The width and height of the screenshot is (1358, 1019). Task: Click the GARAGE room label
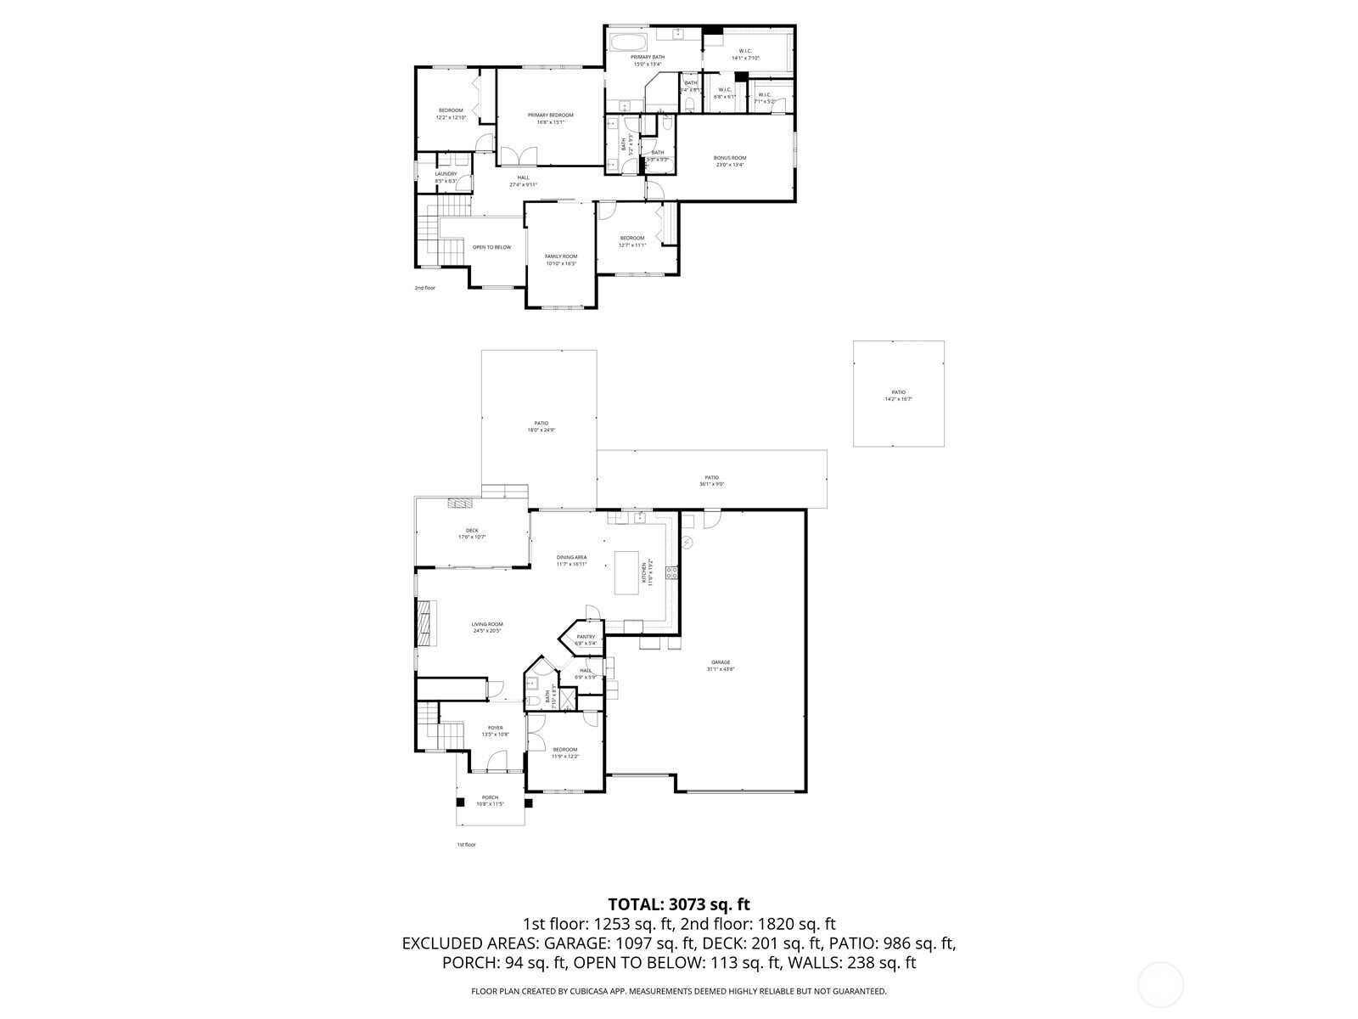[720, 662]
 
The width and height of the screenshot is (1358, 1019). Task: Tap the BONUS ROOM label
[730, 158]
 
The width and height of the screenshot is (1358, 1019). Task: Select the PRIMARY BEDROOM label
[550, 115]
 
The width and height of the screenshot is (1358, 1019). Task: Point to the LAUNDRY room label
[446, 174]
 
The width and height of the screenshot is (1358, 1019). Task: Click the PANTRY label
[586, 637]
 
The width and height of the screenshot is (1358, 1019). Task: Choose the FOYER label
[495, 728]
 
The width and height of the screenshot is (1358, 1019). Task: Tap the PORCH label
[490, 797]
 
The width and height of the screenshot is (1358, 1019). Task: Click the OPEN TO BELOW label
[492, 247]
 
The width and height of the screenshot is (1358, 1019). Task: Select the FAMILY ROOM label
[560, 256]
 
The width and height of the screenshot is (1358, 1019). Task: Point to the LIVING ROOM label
[487, 624]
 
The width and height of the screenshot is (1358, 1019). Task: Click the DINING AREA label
[571, 558]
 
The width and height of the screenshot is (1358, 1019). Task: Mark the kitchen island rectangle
[626, 572]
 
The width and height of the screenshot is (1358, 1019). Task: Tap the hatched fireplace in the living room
[425, 624]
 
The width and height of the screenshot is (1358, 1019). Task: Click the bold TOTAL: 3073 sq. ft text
[679, 904]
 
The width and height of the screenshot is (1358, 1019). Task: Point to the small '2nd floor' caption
[424, 288]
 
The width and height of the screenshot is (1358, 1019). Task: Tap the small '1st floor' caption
[467, 845]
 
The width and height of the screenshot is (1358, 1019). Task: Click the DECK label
[472, 531]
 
